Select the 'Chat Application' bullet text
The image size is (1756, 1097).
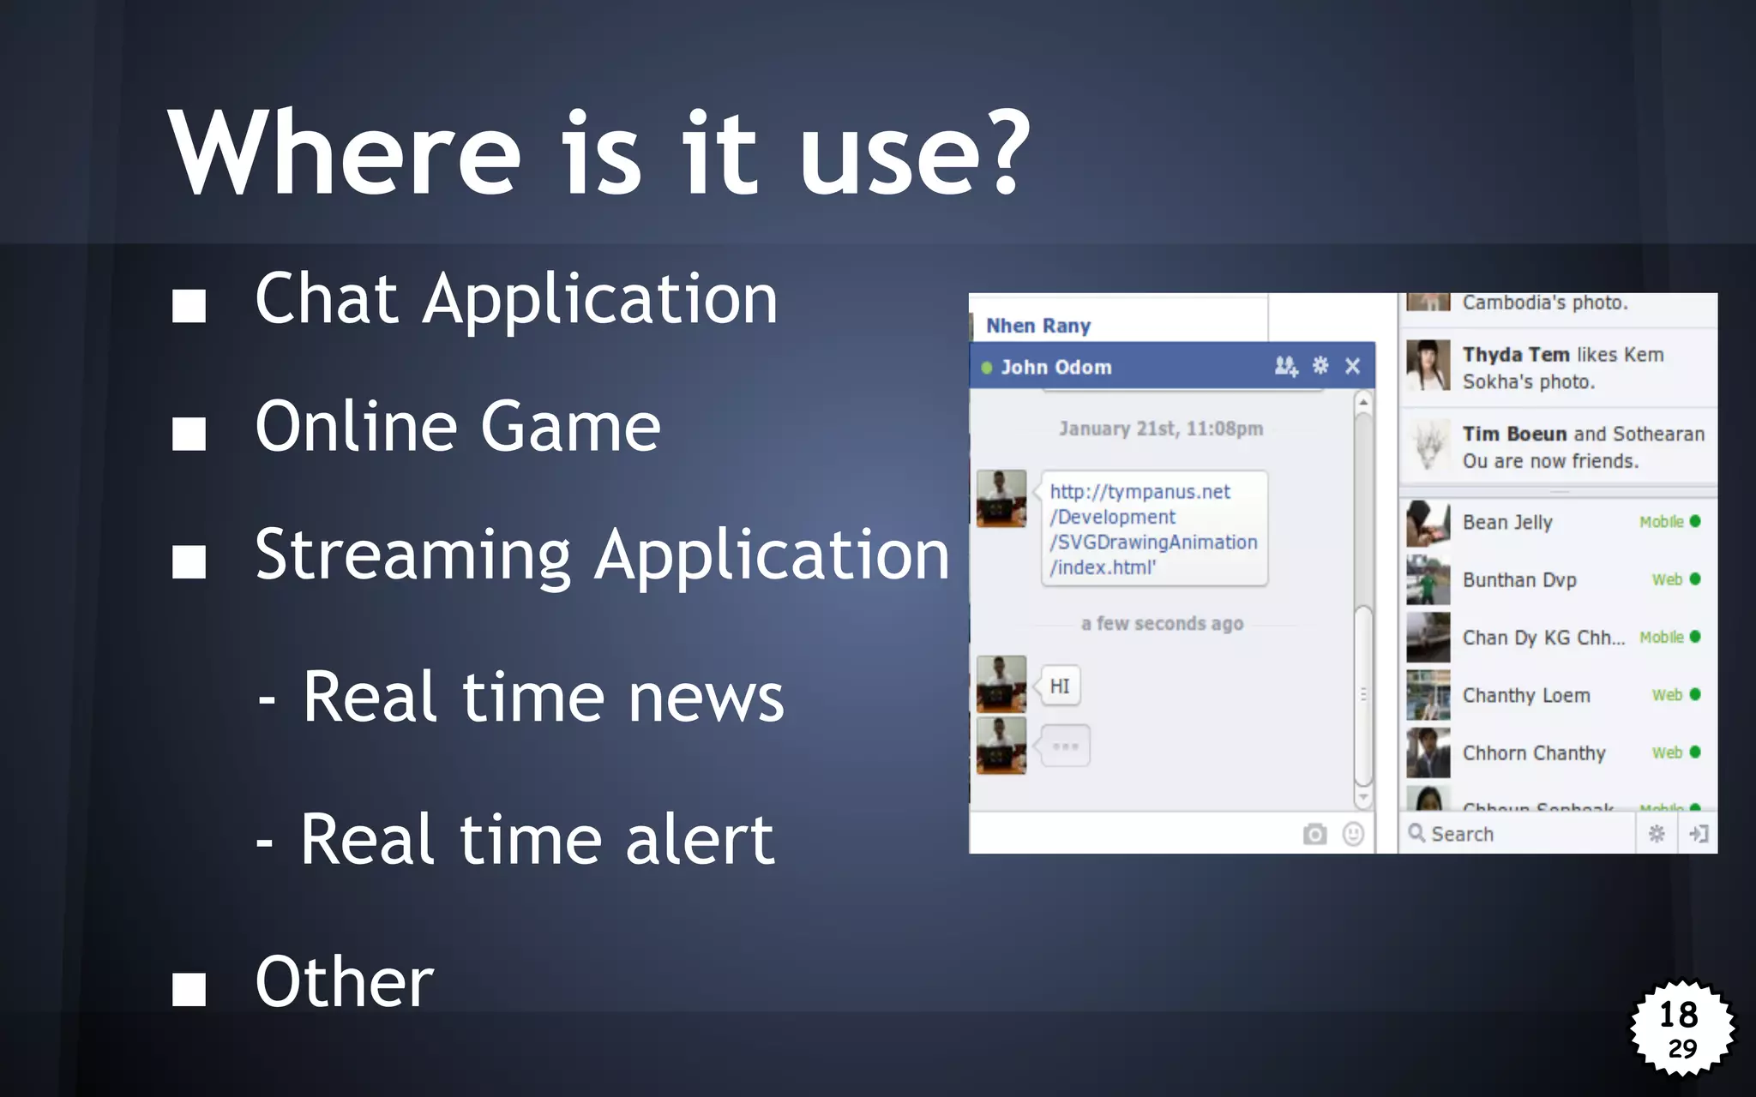[x=516, y=299]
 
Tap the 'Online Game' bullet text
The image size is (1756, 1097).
[x=458, y=427]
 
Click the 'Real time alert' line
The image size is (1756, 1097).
[x=537, y=840]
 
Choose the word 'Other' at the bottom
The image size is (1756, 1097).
[x=344, y=982]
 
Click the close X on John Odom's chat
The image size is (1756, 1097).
[x=1352, y=367]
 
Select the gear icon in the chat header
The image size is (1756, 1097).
[x=1320, y=366]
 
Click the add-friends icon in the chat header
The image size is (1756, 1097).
[x=1285, y=367]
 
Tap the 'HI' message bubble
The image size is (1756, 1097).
[x=1060, y=686]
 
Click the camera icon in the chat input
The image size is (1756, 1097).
[x=1314, y=834]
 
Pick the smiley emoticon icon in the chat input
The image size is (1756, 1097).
[x=1353, y=834]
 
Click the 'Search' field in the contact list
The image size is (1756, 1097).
[x=1518, y=834]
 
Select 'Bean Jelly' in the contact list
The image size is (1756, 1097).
[x=1507, y=522]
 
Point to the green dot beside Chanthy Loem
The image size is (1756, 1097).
[x=1695, y=695]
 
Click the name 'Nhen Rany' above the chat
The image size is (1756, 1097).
[x=1037, y=326]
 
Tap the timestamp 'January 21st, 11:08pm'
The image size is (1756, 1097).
[x=1161, y=429]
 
